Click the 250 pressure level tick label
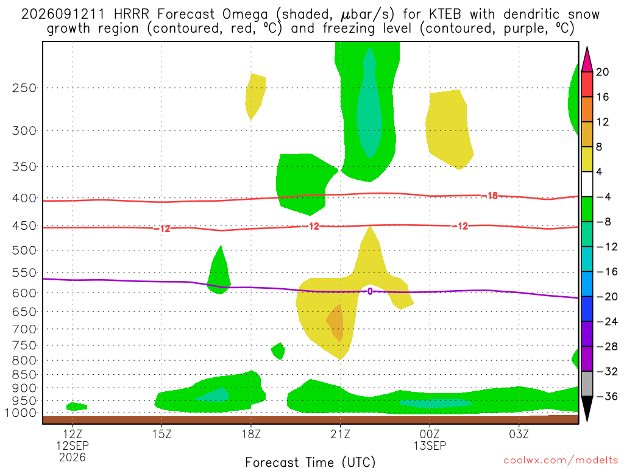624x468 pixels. coord(24,88)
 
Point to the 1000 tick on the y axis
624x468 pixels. coord(21,413)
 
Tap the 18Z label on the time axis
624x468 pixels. coord(251,434)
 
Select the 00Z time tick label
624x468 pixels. coord(430,434)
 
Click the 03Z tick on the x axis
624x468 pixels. coord(519,434)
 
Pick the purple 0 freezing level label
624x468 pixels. coord(370,291)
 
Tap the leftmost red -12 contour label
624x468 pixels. coord(162,229)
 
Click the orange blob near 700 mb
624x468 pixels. coord(335,322)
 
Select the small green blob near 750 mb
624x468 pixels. coord(278,351)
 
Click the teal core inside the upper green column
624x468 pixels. coord(370,104)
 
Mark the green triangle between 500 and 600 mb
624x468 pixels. coord(219,271)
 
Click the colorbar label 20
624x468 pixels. coord(603,72)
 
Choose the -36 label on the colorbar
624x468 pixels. coord(607,396)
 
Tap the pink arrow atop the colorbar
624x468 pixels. coord(587,60)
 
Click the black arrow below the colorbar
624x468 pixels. coord(587,408)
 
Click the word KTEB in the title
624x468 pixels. coord(445,15)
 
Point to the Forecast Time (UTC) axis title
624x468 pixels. coord(310,462)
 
